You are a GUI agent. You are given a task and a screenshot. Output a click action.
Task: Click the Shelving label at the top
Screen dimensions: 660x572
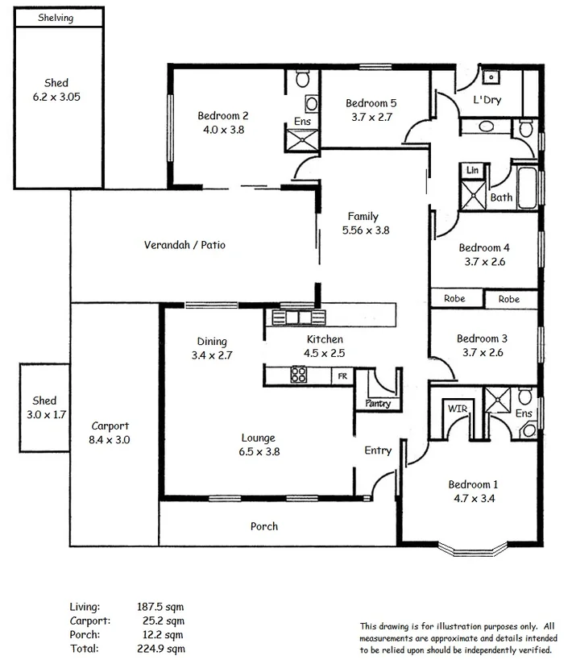coord(56,18)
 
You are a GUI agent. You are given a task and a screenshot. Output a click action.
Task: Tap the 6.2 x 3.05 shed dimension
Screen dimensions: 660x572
coord(56,97)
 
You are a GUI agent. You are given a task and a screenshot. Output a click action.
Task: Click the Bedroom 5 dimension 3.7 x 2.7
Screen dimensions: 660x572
coord(371,117)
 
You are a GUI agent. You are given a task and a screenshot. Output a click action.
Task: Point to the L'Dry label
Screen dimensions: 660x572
coord(487,100)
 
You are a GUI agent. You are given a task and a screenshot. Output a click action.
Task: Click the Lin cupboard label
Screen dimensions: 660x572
coord(472,171)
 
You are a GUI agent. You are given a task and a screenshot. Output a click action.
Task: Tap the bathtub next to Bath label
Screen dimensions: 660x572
coord(526,189)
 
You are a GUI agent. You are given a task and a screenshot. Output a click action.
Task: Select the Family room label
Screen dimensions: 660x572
coord(363,216)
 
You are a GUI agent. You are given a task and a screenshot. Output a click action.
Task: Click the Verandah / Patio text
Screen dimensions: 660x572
coord(184,245)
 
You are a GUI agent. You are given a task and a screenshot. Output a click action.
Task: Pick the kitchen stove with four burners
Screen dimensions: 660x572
coord(298,374)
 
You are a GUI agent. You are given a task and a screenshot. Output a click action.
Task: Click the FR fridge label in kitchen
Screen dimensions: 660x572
coord(342,376)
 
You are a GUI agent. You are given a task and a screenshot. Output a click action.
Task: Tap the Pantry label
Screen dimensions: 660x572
coord(377,404)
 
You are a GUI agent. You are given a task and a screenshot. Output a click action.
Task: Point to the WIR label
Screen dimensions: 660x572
coord(457,409)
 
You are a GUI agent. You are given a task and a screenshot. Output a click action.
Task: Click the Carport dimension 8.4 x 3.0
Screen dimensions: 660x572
coord(110,440)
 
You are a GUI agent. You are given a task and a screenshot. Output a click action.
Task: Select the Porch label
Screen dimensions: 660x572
coord(263,526)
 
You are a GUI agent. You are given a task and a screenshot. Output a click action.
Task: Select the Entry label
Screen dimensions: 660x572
coord(378,450)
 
